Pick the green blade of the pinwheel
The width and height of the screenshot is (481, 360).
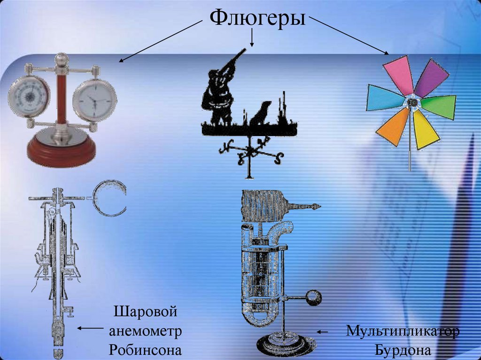pos(439,106)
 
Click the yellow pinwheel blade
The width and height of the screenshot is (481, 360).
pos(425,129)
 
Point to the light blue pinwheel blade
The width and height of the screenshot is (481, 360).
pos(385,98)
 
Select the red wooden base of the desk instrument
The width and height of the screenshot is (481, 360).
pos(61,153)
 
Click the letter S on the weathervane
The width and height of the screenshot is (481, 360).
pos(279,158)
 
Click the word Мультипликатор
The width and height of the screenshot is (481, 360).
pos(403,330)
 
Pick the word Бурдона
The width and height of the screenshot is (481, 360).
pos(403,350)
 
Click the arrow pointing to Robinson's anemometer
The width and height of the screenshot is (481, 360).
pos(91,329)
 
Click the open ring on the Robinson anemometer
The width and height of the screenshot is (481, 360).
pos(110,199)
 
